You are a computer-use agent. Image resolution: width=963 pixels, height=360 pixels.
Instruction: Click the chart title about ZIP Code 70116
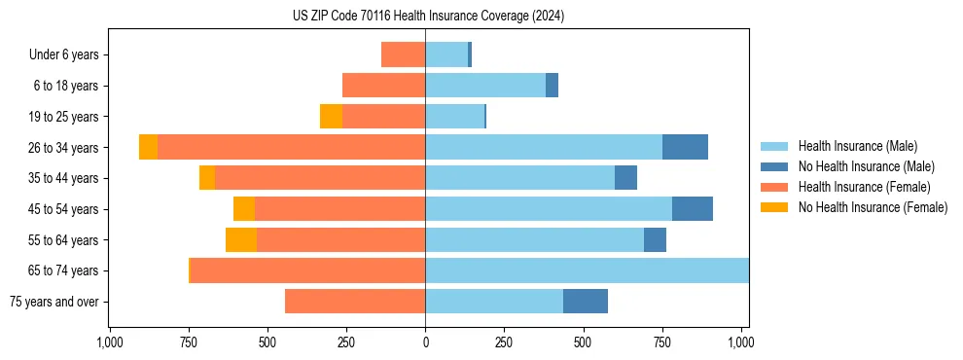[x=428, y=17]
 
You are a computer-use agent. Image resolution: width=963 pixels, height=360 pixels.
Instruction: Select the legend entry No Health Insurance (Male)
[x=866, y=166]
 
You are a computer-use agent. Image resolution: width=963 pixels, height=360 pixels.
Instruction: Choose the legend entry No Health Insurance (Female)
[x=873, y=207]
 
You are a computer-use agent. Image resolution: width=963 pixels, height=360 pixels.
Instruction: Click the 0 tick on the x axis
[x=425, y=342]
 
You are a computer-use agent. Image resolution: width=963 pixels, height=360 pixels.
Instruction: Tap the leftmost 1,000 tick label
[x=109, y=342]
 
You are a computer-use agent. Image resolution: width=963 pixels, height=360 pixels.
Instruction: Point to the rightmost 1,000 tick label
[x=741, y=342]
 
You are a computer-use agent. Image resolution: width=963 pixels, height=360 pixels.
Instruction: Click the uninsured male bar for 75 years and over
[x=586, y=302]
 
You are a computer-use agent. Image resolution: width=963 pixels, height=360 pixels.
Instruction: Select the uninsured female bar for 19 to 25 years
[x=331, y=117]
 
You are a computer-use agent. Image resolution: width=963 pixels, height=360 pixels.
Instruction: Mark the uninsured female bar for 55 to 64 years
[x=241, y=239]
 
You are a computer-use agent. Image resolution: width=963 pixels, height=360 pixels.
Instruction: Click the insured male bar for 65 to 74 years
[x=587, y=270]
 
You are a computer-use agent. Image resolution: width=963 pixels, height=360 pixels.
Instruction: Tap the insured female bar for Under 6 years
[x=403, y=54]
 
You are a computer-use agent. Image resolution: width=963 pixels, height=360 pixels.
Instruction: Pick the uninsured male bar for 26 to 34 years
[x=685, y=147]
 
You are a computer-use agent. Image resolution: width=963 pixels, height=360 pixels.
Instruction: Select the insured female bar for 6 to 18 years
[x=383, y=86]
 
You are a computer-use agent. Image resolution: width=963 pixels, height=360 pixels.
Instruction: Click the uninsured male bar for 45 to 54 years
[x=693, y=209]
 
